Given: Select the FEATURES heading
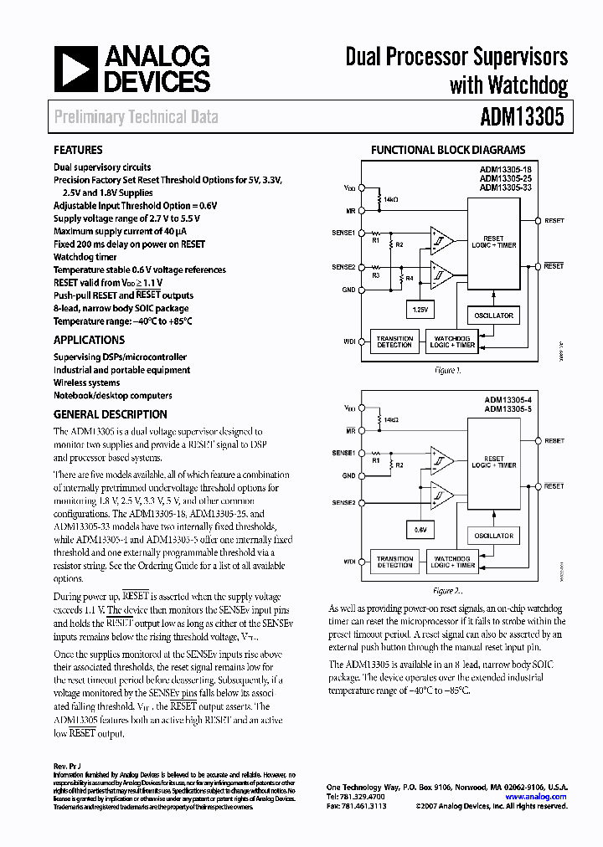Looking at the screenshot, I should tap(78, 151).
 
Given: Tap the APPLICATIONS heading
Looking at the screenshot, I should tap(89, 340).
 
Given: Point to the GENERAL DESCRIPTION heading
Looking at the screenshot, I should tap(110, 414).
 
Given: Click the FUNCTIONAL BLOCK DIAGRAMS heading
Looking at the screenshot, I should tap(448, 151).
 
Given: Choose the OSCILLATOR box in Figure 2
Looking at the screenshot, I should tap(493, 536).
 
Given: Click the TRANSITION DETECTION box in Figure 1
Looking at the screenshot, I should tap(394, 341).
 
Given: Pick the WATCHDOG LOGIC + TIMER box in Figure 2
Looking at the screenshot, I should tap(452, 562).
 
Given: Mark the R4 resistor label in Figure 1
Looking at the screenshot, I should tap(410, 278).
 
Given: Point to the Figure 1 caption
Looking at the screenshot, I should tap(447, 369).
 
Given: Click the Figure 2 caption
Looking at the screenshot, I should tap(448, 590).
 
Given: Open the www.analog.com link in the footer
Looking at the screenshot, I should tap(536, 797).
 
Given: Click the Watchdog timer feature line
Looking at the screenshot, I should tap(85, 257).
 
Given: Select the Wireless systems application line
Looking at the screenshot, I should tap(87, 382).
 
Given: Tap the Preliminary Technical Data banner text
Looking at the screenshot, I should tap(136, 117).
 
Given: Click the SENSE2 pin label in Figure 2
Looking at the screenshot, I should tap(343, 502).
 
